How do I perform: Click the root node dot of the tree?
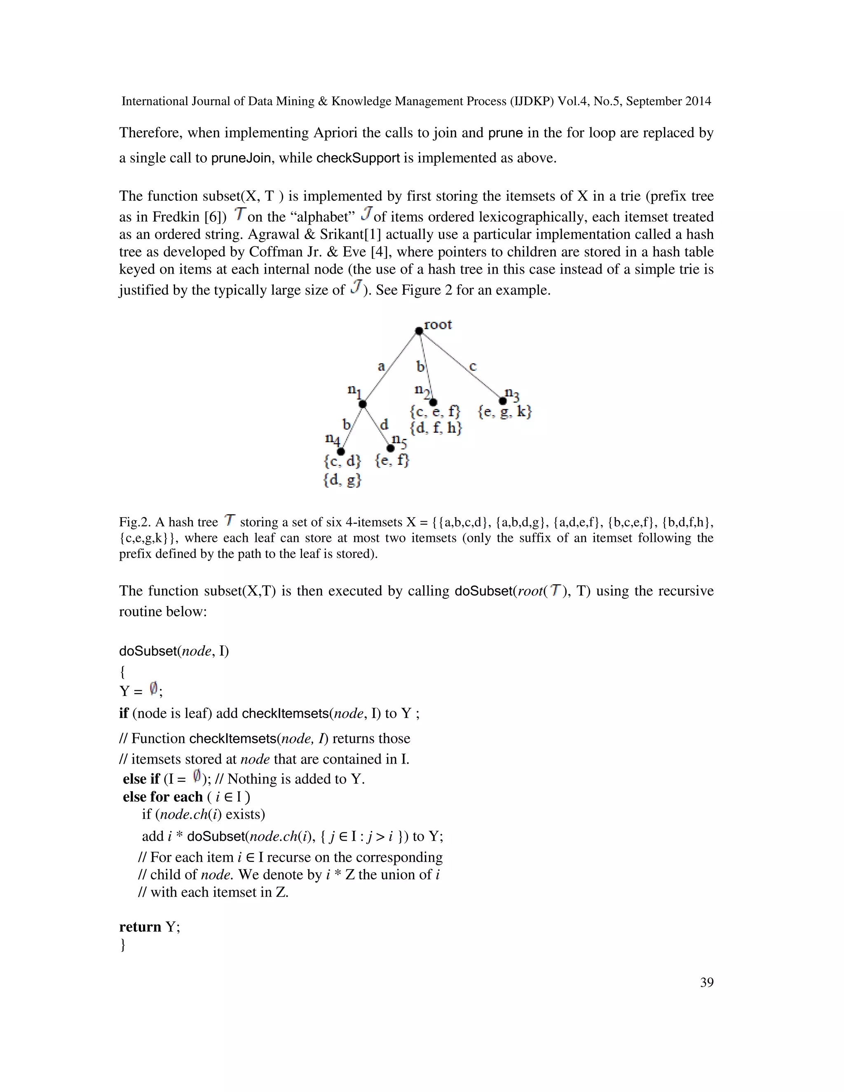pyautogui.click(x=419, y=330)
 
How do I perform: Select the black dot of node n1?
pyautogui.click(x=363, y=404)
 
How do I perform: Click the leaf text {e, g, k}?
pyautogui.click(x=504, y=412)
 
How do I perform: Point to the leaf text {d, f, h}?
pyautogui.click(x=436, y=428)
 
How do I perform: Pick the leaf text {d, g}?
pyautogui.click(x=342, y=480)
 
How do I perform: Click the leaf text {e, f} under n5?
pyautogui.click(x=392, y=460)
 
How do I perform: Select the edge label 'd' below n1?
pyautogui.click(x=384, y=425)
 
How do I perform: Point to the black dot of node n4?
pyautogui.click(x=341, y=452)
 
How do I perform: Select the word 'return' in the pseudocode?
pyautogui.click(x=140, y=927)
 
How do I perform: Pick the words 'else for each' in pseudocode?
pyautogui.click(x=162, y=797)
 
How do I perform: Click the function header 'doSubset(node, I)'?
pyautogui.click(x=173, y=651)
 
